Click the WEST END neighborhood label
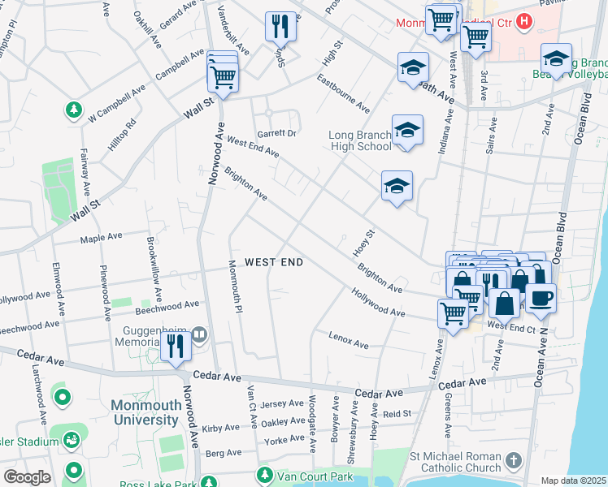coord(274,262)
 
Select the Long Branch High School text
coord(360,140)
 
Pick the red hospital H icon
coord(525,21)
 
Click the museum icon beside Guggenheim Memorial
coord(199,334)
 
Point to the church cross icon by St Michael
coord(512,460)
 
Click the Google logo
coord(27,477)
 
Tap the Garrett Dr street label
coord(277,133)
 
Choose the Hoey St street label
coord(363,243)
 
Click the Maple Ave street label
coord(101,238)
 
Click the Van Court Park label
coord(314,475)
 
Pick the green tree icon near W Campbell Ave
coord(74,109)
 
